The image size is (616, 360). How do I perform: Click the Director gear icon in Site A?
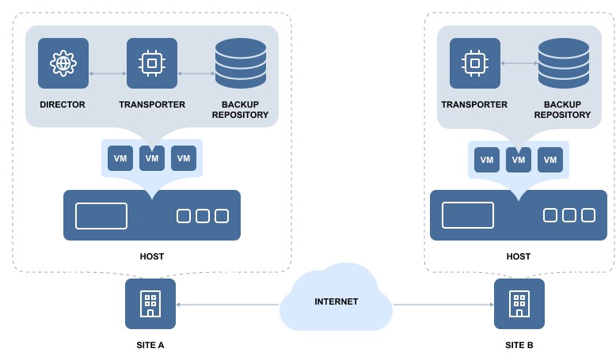(63, 63)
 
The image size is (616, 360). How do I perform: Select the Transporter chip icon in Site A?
(152, 63)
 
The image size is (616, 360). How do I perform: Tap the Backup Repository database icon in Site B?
(564, 63)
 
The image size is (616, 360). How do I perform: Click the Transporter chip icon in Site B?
(475, 63)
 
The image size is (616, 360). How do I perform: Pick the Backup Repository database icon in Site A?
(241, 63)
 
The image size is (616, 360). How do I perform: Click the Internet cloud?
(337, 301)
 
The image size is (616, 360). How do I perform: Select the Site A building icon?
(150, 304)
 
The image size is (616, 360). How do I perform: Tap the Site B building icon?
(519, 304)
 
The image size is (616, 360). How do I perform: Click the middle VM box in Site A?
(152, 158)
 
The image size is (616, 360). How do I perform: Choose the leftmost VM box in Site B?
(487, 160)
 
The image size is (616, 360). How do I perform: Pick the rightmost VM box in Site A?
(184, 158)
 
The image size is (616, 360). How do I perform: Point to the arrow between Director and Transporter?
(108, 74)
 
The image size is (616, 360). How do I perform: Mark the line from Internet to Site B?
(443, 304)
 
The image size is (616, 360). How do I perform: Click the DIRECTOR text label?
(63, 104)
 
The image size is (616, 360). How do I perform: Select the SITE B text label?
(519, 345)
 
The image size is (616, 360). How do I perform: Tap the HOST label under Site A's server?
(152, 256)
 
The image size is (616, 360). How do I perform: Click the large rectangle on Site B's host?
(468, 215)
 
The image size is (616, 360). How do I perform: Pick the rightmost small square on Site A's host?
(222, 216)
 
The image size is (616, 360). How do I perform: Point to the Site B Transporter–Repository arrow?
(519, 63)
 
